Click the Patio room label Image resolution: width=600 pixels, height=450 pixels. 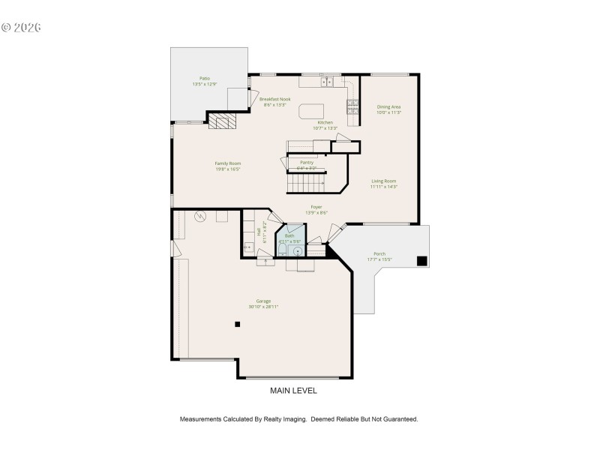(x=204, y=78)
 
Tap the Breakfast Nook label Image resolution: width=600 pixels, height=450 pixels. (x=274, y=99)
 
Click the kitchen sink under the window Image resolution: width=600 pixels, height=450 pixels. (x=328, y=82)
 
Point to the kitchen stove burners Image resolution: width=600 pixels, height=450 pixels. (x=351, y=104)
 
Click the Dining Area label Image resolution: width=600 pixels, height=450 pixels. (x=388, y=106)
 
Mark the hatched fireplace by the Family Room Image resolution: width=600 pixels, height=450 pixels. (x=221, y=121)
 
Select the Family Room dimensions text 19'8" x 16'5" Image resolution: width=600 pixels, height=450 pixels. (x=228, y=169)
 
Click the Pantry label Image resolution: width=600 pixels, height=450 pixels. (x=307, y=162)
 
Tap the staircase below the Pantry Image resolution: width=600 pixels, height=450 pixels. (x=306, y=181)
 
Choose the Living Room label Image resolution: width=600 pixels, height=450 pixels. (x=383, y=181)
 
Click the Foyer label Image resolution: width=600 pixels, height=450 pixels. (x=316, y=207)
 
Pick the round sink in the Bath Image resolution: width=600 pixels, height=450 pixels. (x=297, y=251)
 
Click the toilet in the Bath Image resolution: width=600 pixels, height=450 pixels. (x=282, y=252)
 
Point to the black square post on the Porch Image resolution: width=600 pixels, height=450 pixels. (x=422, y=261)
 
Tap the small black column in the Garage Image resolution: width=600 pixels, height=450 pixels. (x=238, y=324)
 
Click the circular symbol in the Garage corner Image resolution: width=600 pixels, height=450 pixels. (x=200, y=217)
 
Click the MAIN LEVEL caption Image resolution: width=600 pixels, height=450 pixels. (x=293, y=391)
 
